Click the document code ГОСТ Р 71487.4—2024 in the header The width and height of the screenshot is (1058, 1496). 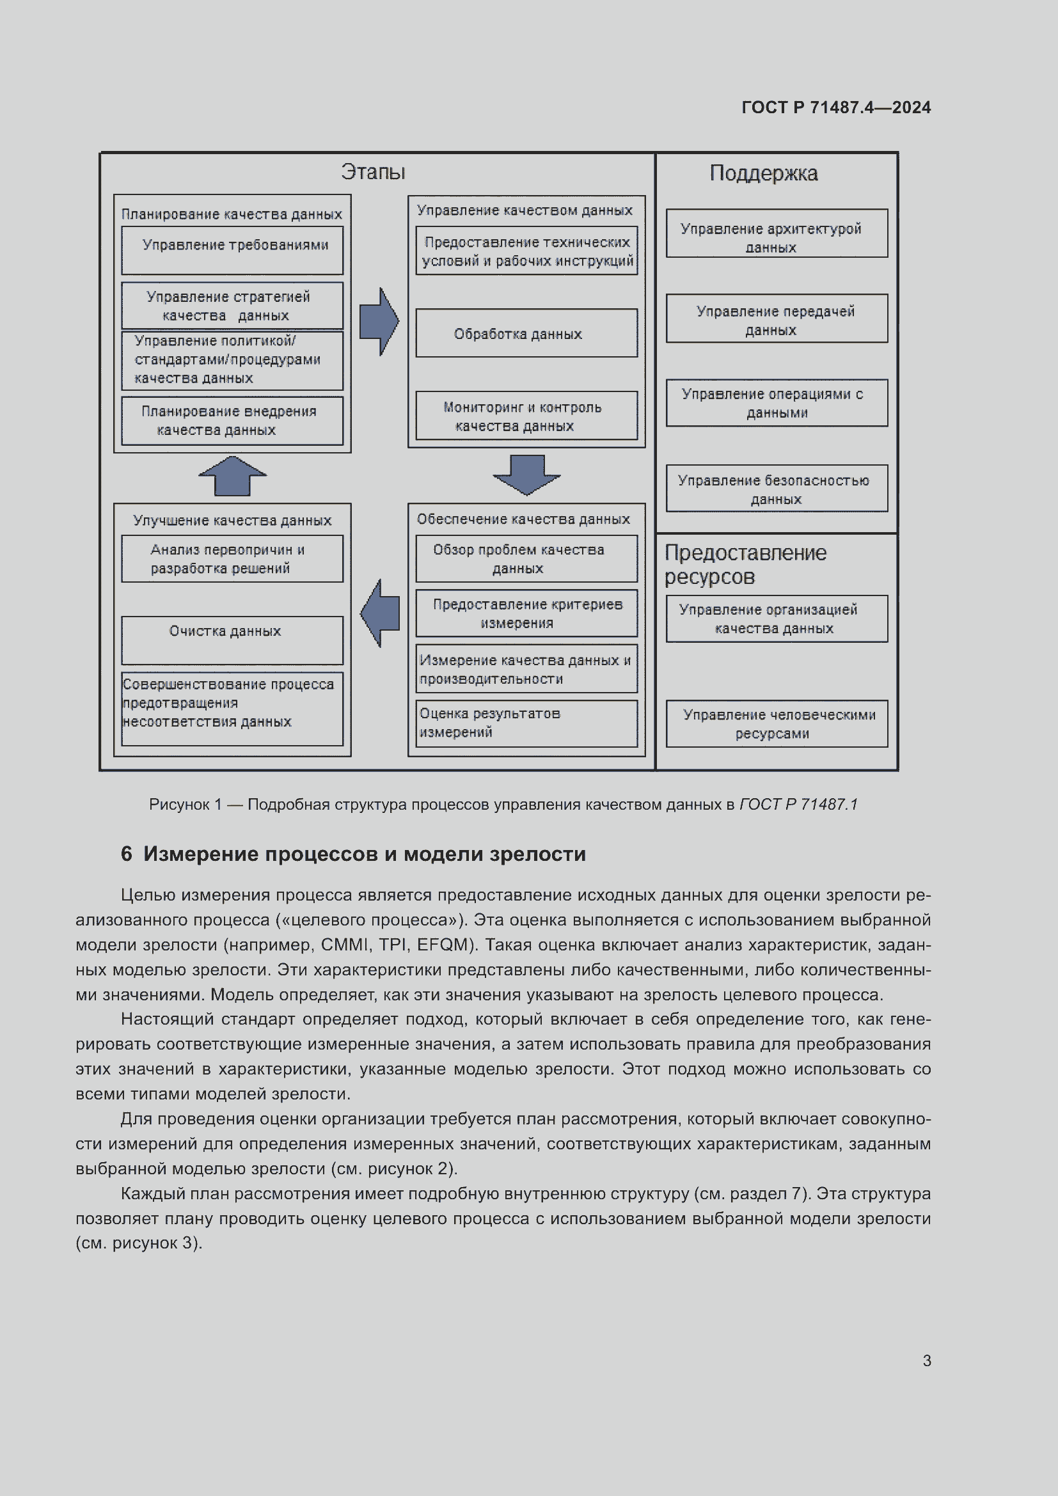pyautogui.click(x=836, y=107)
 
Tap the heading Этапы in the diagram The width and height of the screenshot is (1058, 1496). pyautogui.click(x=373, y=172)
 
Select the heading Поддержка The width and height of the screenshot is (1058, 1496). pyautogui.click(x=763, y=173)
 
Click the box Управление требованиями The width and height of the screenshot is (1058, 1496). pyautogui.click(x=232, y=250)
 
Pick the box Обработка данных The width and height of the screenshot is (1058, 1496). pyautogui.click(x=526, y=333)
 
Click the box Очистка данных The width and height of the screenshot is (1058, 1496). pyautogui.click(x=232, y=640)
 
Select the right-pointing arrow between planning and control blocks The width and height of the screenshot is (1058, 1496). pyautogui.click(x=379, y=321)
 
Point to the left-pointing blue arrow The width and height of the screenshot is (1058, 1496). pyautogui.click(x=380, y=613)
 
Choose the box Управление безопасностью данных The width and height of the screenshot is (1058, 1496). pyautogui.click(x=777, y=489)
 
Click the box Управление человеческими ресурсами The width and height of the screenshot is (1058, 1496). pyautogui.click(x=777, y=723)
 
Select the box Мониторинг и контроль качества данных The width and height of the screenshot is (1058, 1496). pyautogui.click(x=526, y=416)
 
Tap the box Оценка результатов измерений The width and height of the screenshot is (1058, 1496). pyautogui.click(x=526, y=723)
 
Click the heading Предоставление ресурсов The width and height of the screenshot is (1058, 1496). pyautogui.click(x=745, y=564)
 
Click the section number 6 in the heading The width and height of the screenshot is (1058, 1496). pyautogui.click(x=127, y=854)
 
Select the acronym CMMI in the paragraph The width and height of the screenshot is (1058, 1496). pyautogui.click(x=345, y=945)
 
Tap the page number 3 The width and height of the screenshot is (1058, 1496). pyautogui.click(x=926, y=1360)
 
